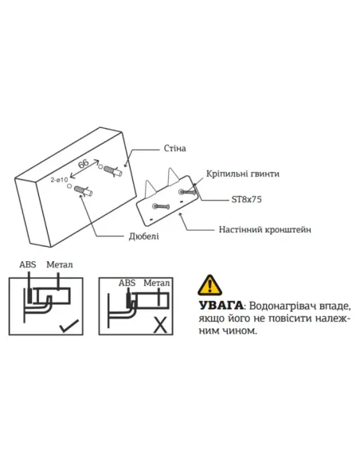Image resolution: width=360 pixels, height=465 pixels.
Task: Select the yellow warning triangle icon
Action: coord(209,284)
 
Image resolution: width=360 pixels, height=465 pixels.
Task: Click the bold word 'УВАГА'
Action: coord(217,306)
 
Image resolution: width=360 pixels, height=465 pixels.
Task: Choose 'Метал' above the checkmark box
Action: coord(60,264)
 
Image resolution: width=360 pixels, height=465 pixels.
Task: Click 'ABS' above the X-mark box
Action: coord(127,282)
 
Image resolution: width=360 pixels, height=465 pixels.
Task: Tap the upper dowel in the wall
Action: coord(112,170)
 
